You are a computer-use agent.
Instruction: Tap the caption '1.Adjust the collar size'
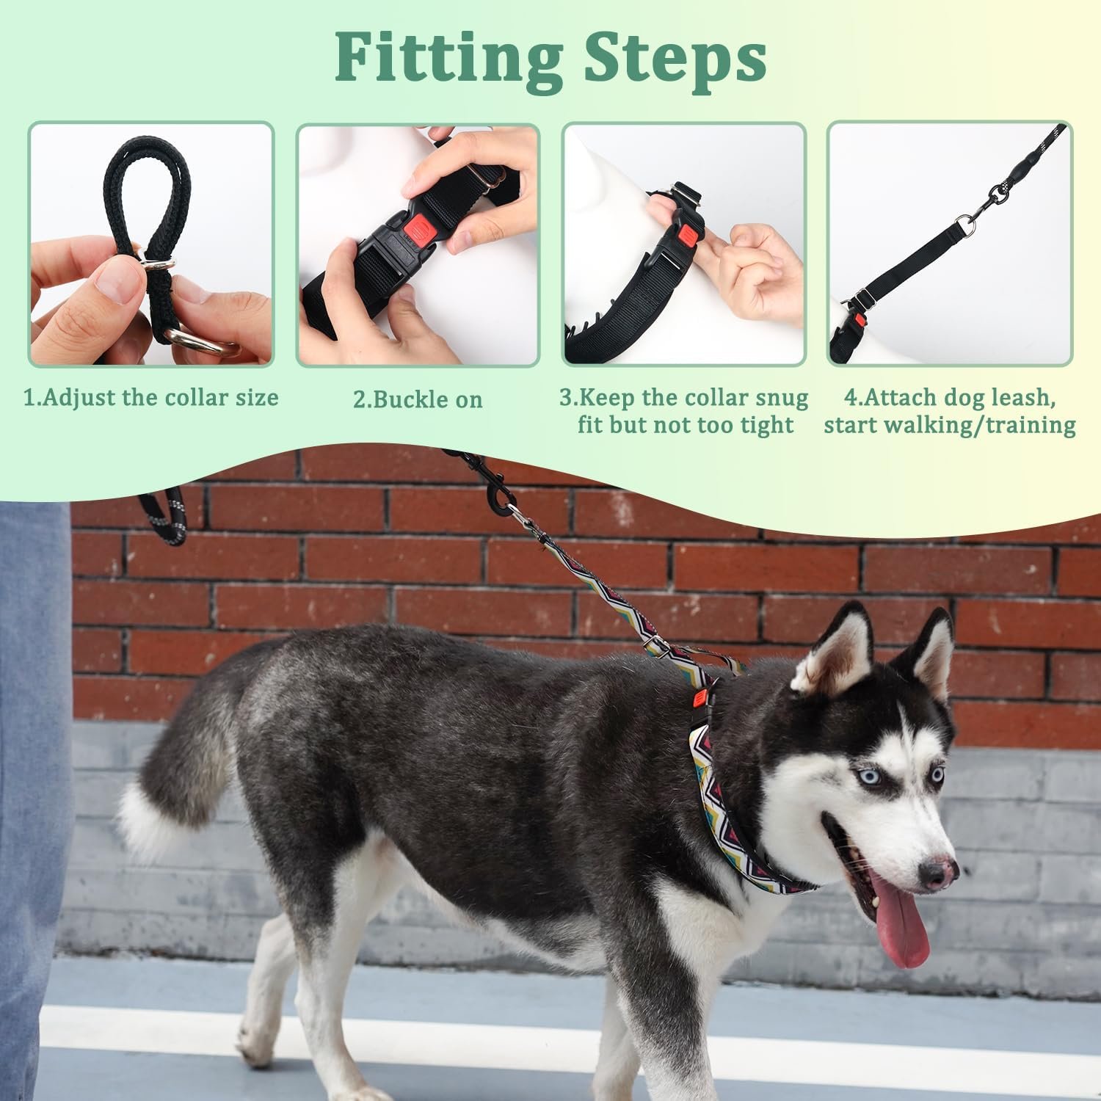click(151, 398)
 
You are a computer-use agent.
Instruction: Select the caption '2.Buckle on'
click(418, 399)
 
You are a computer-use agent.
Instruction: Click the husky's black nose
click(937, 873)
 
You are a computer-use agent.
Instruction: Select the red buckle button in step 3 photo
click(687, 236)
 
